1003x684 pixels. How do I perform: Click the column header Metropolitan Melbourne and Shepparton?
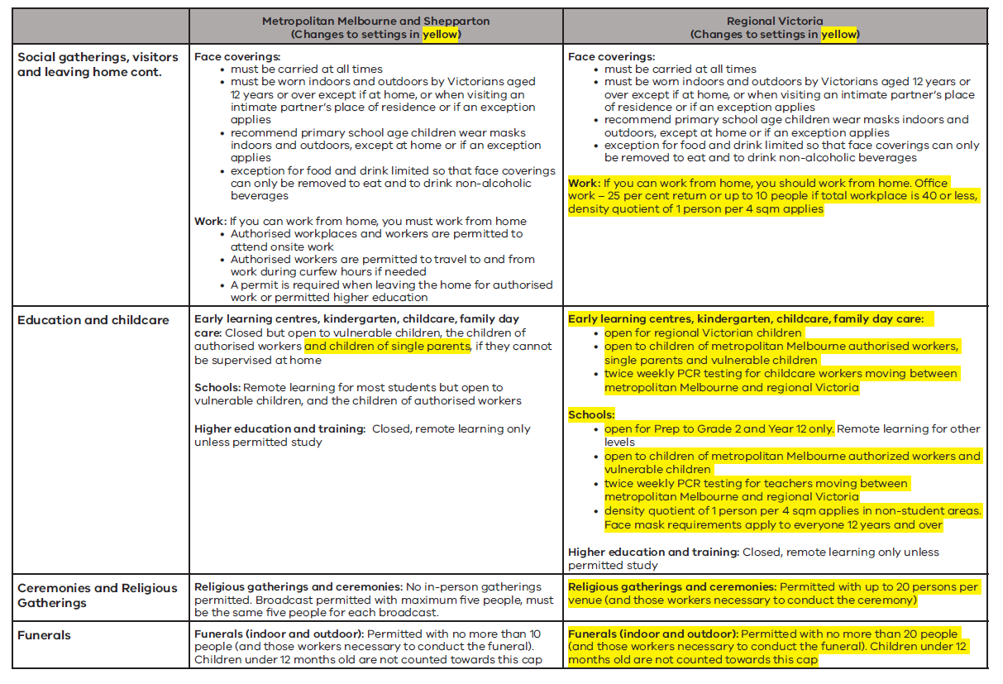(x=375, y=21)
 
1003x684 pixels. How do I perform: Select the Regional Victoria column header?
(x=775, y=21)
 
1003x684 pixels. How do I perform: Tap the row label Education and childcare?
(x=93, y=320)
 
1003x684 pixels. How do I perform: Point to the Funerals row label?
(x=44, y=635)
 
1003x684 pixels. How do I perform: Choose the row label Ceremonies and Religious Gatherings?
(x=98, y=596)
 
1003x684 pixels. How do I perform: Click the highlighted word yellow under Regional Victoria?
(x=838, y=34)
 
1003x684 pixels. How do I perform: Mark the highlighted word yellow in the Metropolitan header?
(x=439, y=34)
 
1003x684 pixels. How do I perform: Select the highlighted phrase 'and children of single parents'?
(x=387, y=347)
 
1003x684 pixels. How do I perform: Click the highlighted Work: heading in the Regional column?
(x=584, y=183)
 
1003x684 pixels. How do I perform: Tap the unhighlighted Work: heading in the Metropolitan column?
(x=210, y=221)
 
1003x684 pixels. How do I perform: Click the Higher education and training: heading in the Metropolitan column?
(x=279, y=428)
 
